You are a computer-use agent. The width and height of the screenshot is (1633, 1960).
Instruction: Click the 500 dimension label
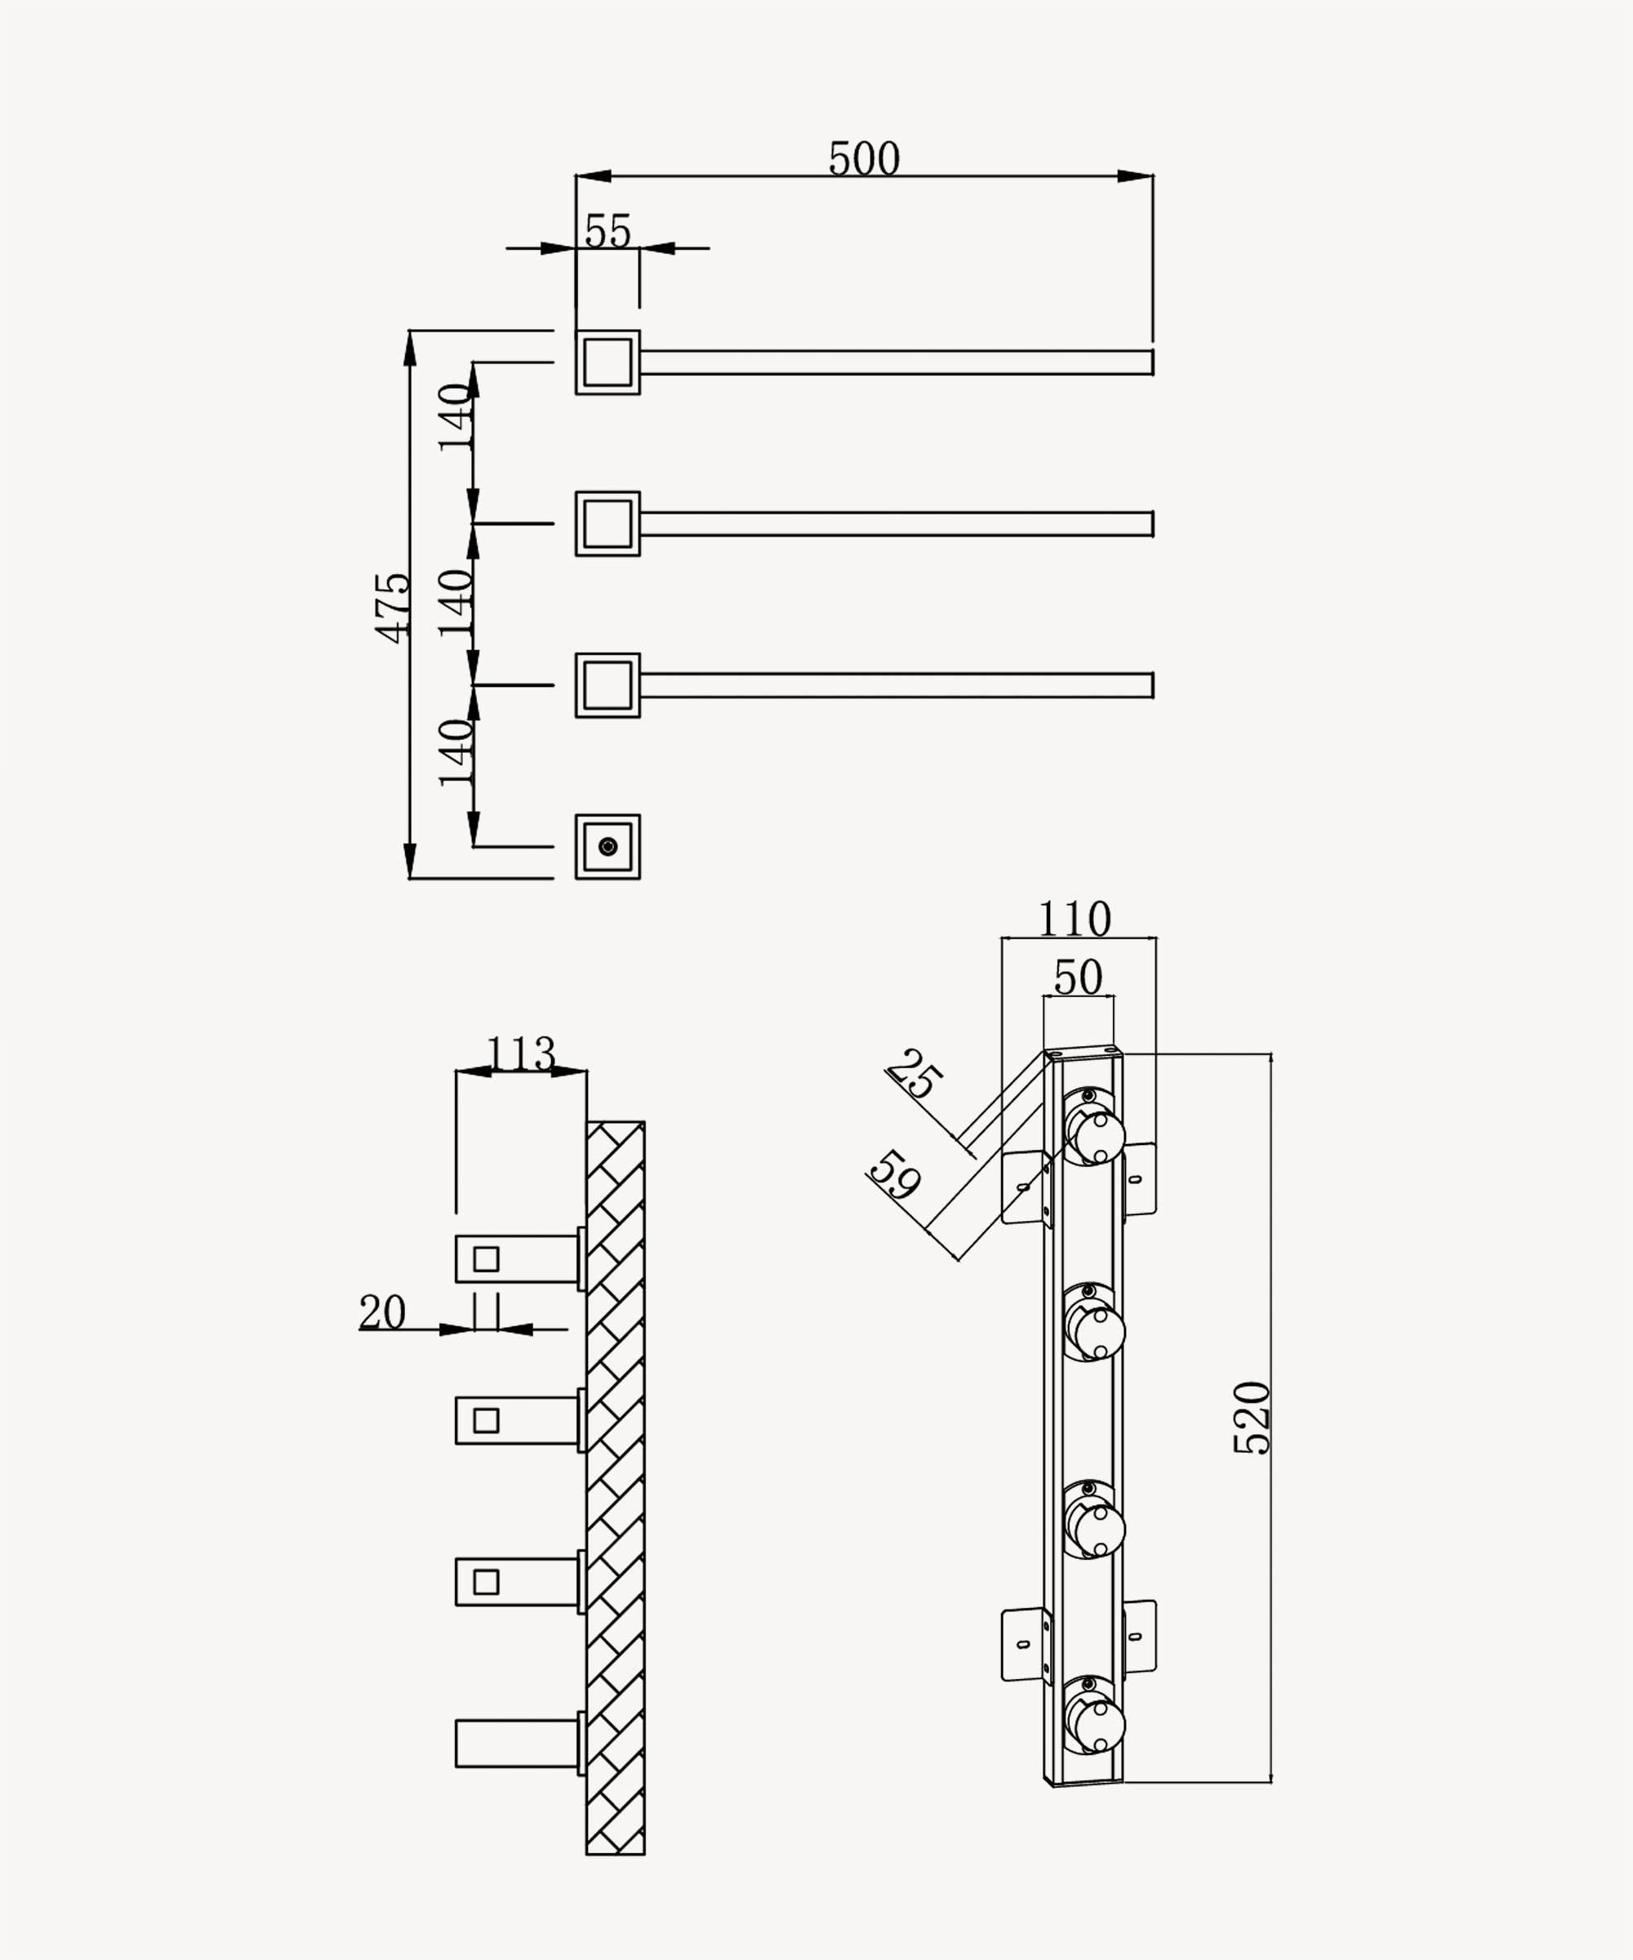pyautogui.click(x=864, y=158)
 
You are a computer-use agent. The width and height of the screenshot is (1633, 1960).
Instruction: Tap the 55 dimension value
pyautogui.click(x=607, y=231)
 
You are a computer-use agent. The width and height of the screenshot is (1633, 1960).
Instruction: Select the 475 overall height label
pyautogui.click(x=393, y=608)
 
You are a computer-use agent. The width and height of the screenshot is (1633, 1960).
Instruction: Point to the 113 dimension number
pyautogui.click(x=521, y=1054)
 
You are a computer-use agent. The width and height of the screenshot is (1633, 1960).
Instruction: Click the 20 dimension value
pyautogui.click(x=383, y=1312)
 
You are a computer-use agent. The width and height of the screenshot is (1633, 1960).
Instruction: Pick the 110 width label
pyautogui.click(x=1075, y=920)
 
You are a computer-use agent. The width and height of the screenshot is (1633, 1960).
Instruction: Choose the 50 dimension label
pyautogui.click(x=1078, y=978)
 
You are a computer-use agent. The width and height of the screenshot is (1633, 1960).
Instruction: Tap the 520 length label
pyautogui.click(x=1253, y=1418)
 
